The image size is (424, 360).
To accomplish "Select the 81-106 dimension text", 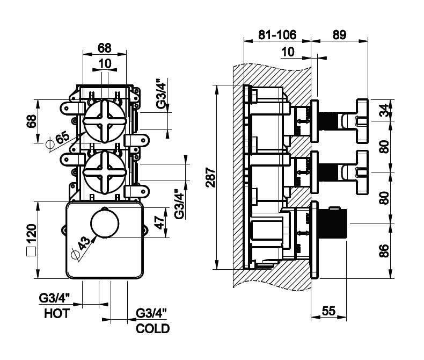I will click(276, 34).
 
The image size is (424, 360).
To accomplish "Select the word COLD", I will click(153, 328).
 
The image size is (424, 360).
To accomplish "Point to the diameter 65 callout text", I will click(59, 141).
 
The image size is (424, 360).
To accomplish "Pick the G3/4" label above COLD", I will click(152, 312).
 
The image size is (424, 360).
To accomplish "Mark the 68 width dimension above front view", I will click(104, 47).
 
